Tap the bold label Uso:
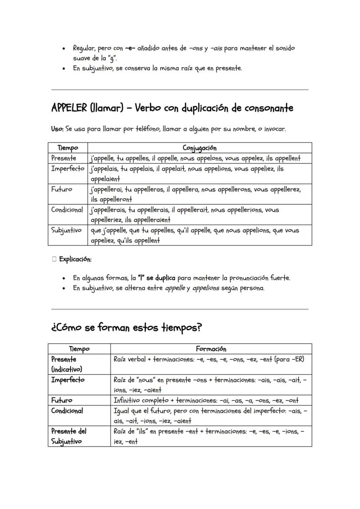pyautogui.click(x=58, y=129)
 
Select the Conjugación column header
pyautogui.click(x=200, y=148)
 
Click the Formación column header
pyautogui.click(x=211, y=349)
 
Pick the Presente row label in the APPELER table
pyautogui.click(x=64, y=158)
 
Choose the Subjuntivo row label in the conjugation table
pyautogui.click(x=67, y=230)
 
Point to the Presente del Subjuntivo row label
pyautogui.click(x=69, y=436)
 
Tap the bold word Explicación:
pyautogui.click(x=75, y=259)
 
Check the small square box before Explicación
pyautogui.click(x=54, y=259)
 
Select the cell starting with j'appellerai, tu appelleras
pyautogui.click(x=195, y=194)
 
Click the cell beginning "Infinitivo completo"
pyautogui.click(x=206, y=400)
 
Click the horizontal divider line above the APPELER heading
pyautogui.click(x=180, y=90)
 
